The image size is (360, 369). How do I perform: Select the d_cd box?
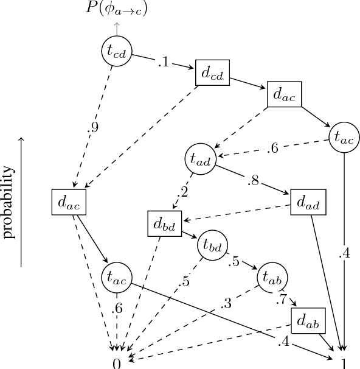pos(212,75)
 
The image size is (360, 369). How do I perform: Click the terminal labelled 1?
pos(344,363)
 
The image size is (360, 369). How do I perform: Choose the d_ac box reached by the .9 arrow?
pos(69,202)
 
